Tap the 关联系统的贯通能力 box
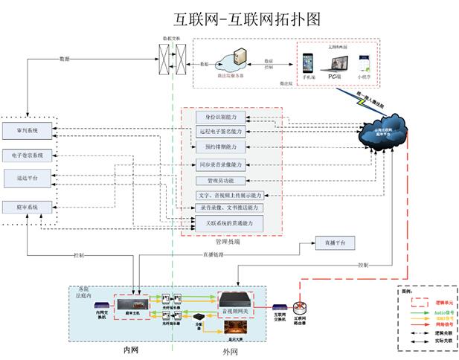230,223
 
